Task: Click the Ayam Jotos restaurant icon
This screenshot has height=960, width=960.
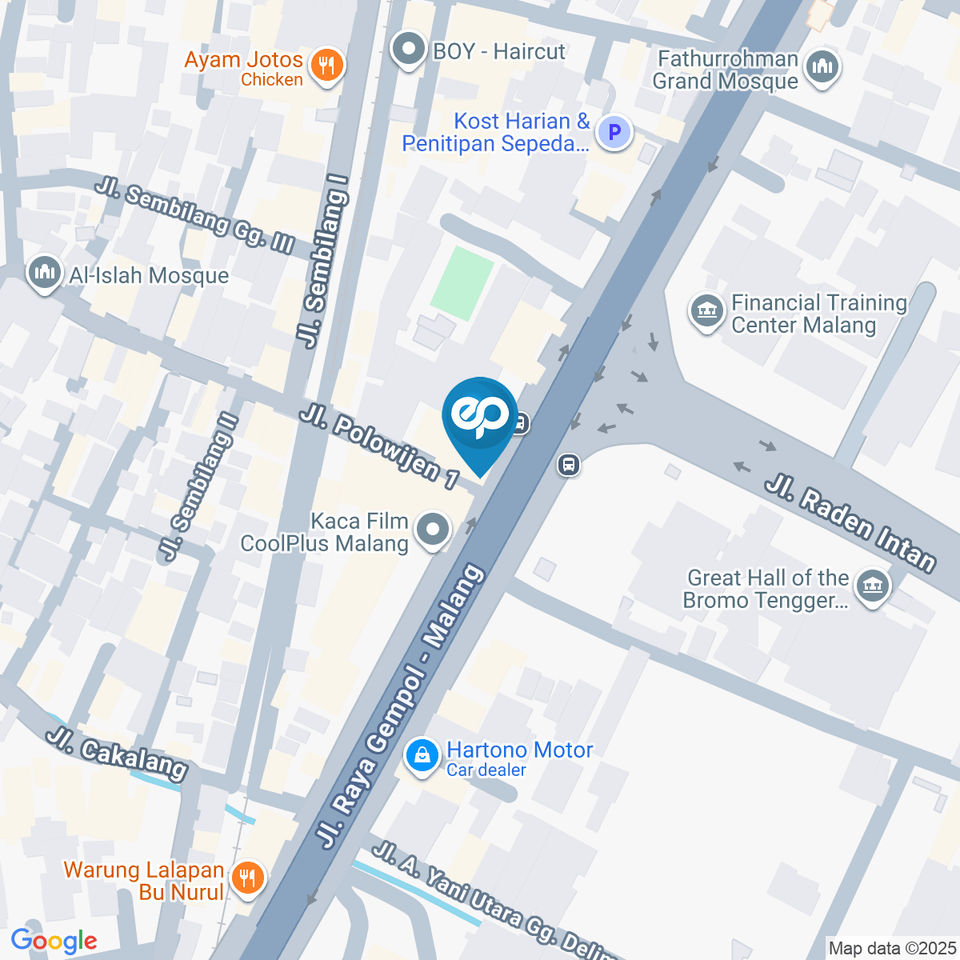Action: point(325,67)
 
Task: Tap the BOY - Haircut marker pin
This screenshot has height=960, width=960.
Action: point(408,51)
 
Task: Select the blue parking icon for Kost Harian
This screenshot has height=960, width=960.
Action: point(615,131)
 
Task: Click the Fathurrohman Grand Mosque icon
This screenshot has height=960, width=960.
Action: point(823,68)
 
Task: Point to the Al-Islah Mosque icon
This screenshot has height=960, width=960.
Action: point(43,274)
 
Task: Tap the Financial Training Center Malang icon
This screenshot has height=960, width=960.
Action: point(707,312)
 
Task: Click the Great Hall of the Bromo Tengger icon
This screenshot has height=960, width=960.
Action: point(873,589)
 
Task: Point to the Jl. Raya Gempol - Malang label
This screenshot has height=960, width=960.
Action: point(401,707)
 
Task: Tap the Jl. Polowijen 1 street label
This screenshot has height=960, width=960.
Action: point(379,445)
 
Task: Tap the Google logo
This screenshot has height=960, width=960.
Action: point(54,940)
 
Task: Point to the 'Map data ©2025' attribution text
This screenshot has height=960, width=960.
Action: point(892,947)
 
